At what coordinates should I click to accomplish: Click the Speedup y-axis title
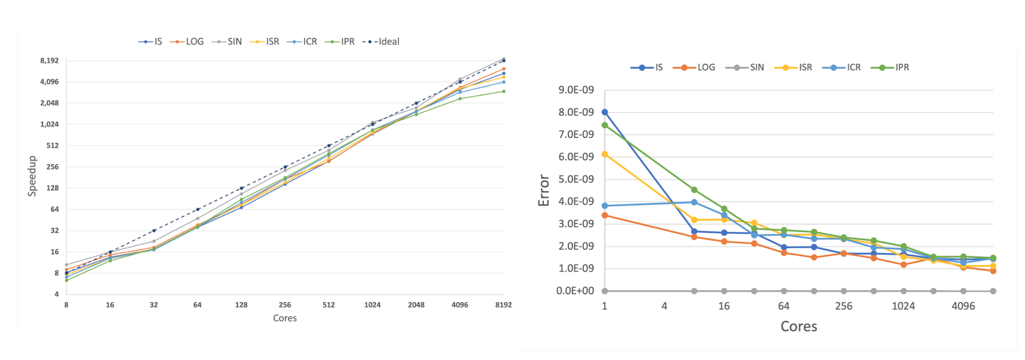[32, 176]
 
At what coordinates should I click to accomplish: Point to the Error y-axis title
[543, 190]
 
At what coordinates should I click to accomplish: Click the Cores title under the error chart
[799, 327]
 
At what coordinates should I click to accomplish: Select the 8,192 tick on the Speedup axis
[49, 61]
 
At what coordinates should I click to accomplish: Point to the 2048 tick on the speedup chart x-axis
[416, 305]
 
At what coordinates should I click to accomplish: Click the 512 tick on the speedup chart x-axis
[328, 305]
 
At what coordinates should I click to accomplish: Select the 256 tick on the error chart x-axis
[843, 306]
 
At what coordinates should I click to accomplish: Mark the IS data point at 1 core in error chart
[605, 112]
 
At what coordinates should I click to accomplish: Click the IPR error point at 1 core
[605, 126]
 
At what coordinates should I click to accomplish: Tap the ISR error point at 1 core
[605, 154]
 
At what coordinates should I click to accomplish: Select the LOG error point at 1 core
[605, 216]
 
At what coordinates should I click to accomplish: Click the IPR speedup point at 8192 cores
[504, 91]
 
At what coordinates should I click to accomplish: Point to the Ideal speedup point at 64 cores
[198, 209]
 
